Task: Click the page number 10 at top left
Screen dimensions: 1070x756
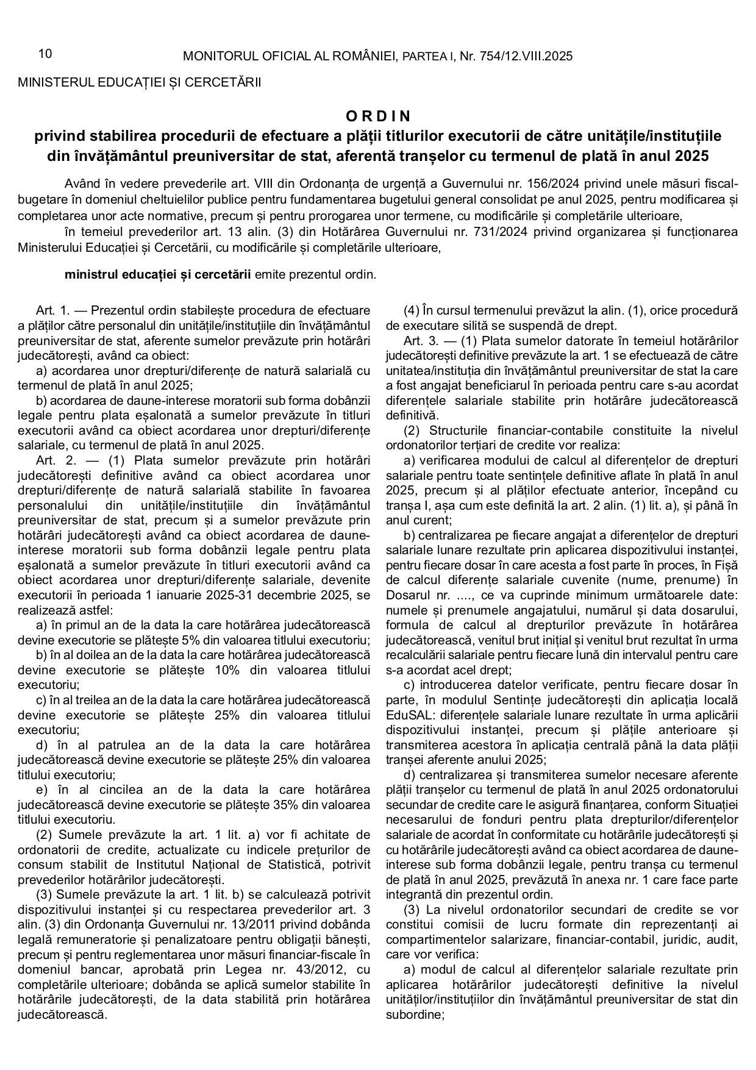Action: click(45, 54)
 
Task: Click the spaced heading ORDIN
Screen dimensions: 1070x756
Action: click(379, 116)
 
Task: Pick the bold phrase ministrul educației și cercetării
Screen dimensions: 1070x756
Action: click(157, 274)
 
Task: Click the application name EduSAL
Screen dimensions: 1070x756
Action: click(407, 715)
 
